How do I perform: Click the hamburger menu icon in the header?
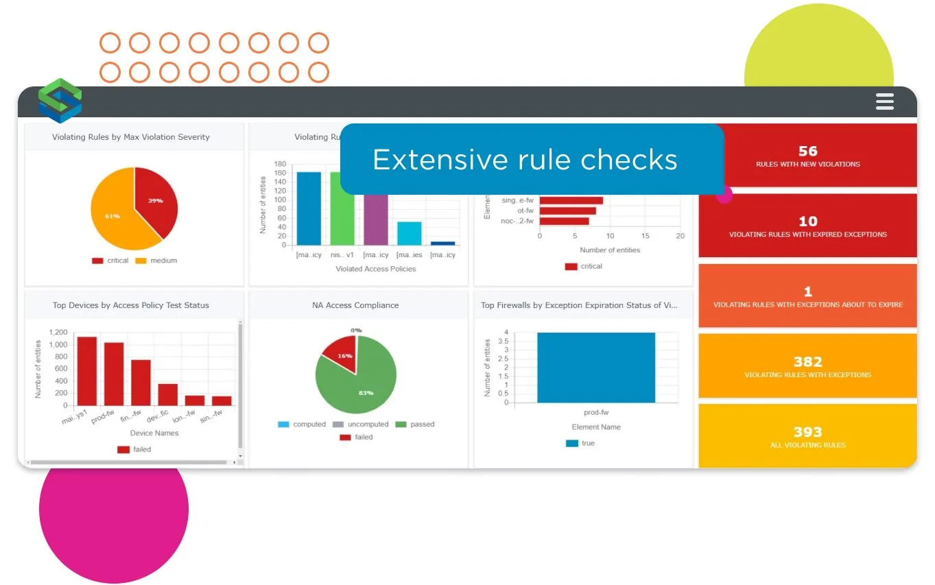pyautogui.click(x=885, y=102)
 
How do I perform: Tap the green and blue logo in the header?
pyautogui.click(x=60, y=102)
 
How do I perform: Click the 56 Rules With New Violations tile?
pyautogui.click(x=807, y=156)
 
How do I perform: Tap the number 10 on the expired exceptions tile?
pyautogui.click(x=807, y=221)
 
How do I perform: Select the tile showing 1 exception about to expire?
pyautogui.click(x=807, y=296)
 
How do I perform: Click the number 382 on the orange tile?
pyautogui.click(x=807, y=361)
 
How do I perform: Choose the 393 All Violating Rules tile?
pyautogui.click(x=807, y=436)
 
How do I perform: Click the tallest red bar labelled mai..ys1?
pyautogui.click(x=87, y=370)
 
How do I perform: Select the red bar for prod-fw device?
pyautogui.click(x=114, y=374)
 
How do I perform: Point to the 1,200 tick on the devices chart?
pyautogui.click(x=58, y=332)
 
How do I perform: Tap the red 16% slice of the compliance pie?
pyautogui.click(x=340, y=353)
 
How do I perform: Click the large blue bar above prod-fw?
pyautogui.click(x=595, y=368)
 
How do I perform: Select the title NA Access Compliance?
pyautogui.click(x=355, y=305)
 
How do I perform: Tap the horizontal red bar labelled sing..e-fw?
pyautogui.click(x=571, y=200)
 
